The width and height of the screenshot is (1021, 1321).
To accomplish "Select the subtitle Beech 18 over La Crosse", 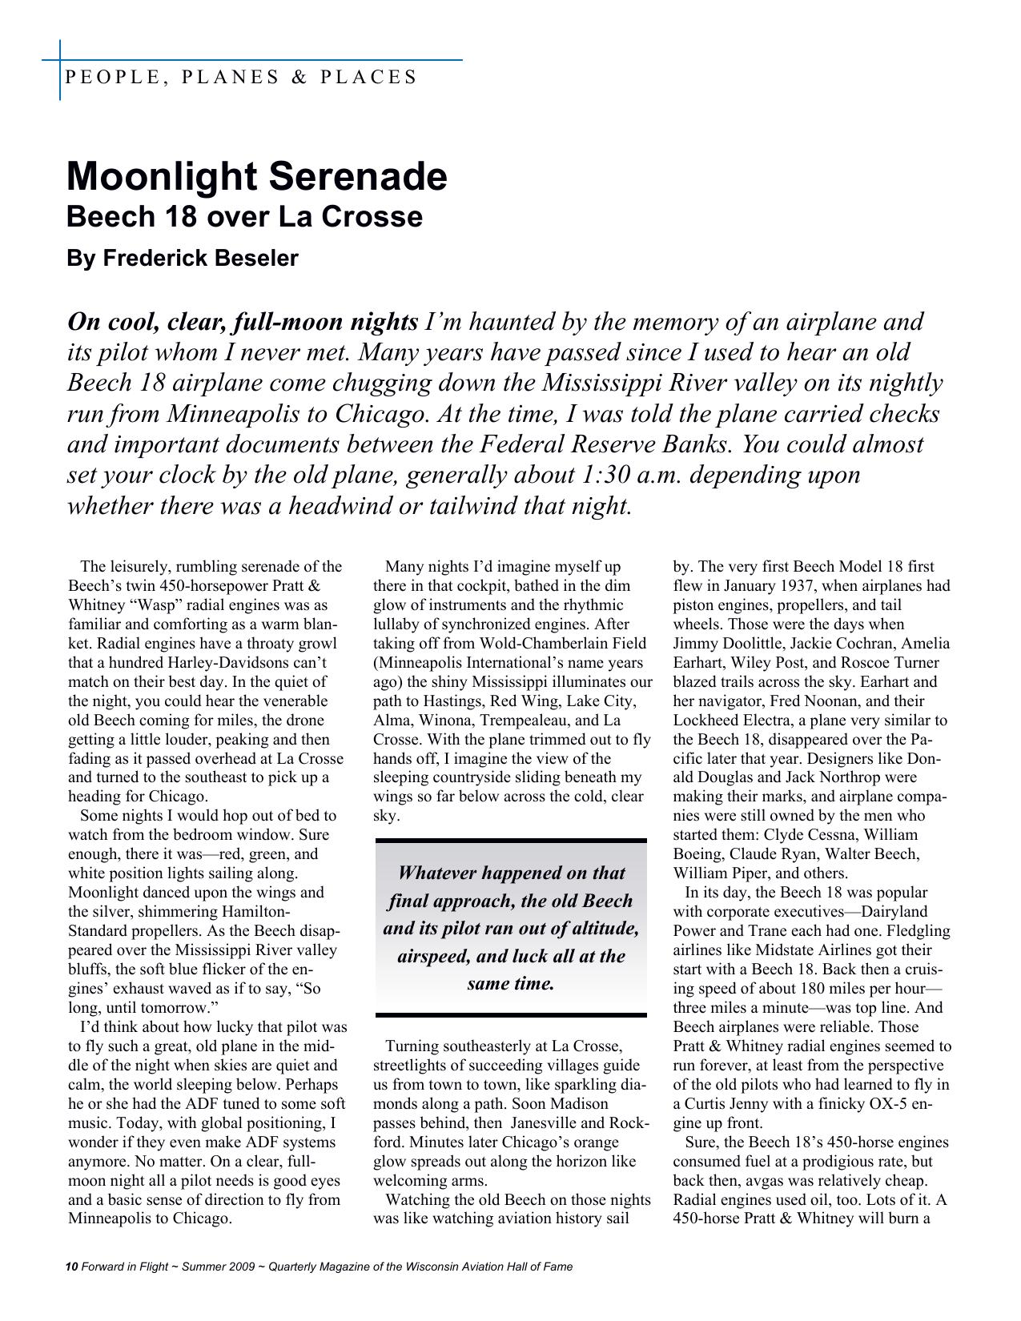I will coord(244,217).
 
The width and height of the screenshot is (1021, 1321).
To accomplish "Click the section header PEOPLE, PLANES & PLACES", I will coord(240,78).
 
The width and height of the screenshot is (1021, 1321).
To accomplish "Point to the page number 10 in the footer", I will coord(71,1267).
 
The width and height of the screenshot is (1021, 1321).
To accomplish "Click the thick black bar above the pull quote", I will coord(510,841).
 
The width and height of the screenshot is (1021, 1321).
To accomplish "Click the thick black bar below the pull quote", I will coord(510,1015).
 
